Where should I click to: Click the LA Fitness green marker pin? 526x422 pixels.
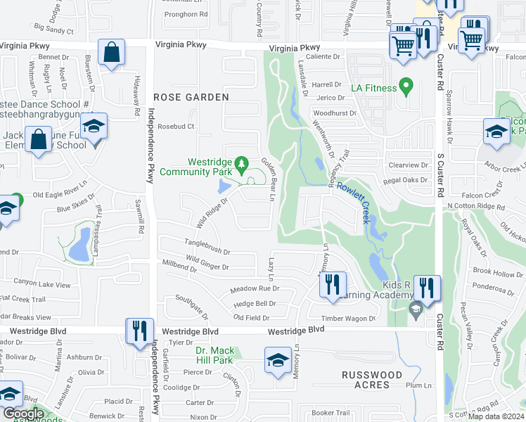tap(405, 87)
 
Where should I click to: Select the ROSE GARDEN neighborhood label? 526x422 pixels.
tap(191, 97)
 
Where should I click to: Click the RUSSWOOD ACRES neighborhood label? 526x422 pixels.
tap(373, 380)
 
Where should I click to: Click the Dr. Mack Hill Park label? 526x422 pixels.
tap(214, 355)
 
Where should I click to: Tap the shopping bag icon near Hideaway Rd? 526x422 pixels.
tap(112, 53)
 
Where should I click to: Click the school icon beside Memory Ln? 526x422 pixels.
tap(278, 360)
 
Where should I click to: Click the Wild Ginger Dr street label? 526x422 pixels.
tap(205, 267)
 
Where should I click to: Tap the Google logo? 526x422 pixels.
tap(23, 414)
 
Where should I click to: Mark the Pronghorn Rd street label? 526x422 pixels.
tap(185, 13)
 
